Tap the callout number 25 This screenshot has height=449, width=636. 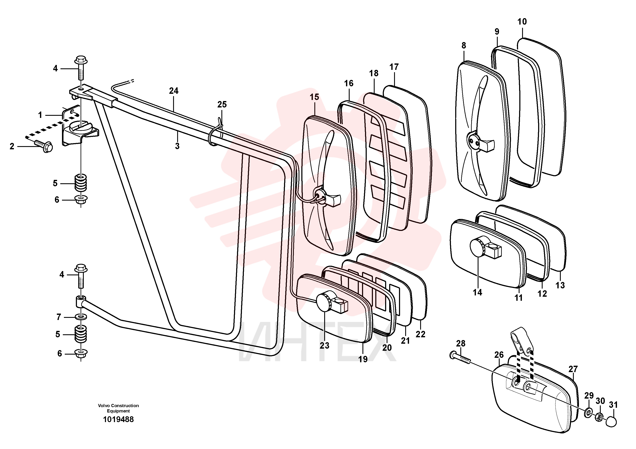pos(222,104)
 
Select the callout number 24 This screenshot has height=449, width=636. pos(174,91)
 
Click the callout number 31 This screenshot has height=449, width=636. pos(613,405)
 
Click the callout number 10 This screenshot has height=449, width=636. pos(522,22)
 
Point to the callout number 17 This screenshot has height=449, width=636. pos(394,67)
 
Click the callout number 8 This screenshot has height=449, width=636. pos(464,45)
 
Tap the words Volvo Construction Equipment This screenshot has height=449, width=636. pos(118,408)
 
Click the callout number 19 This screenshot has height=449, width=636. pos(363,359)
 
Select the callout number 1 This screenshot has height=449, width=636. pos(40,115)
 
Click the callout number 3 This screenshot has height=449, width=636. pos(177,146)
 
